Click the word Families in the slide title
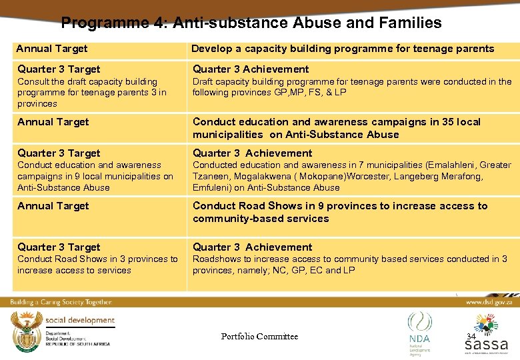pyautogui.click(x=410, y=23)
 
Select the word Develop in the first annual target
pyautogui.click(x=211, y=49)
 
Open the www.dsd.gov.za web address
pyautogui.click(x=490, y=302)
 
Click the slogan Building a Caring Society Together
pyautogui.click(x=61, y=302)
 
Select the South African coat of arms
pyautogui.click(x=25, y=331)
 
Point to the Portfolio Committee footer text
pyautogui.click(x=259, y=337)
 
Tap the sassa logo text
pyautogui.click(x=486, y=345)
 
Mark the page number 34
pyautogui.click(x=471, y=337)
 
